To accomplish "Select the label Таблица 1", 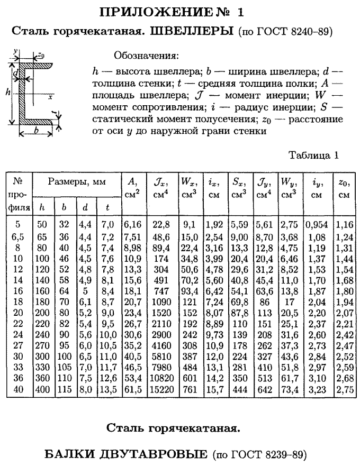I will click(313, 155).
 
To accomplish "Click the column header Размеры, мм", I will click(77, 182).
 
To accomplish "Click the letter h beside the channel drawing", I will click(8, 92).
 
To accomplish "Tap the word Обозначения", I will click(147, 55).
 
